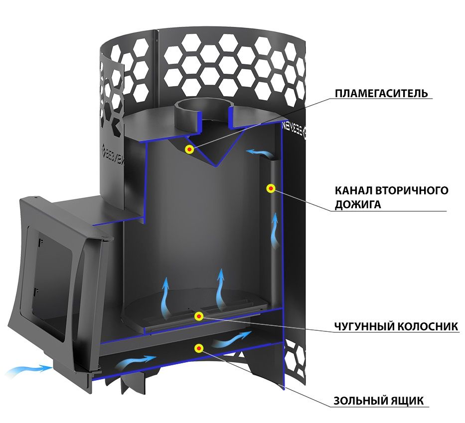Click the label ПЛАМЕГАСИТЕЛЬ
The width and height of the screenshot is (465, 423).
point(381,93)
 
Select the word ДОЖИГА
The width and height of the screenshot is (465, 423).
point(358,205)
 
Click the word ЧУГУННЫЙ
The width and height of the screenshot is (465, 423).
point(364,326)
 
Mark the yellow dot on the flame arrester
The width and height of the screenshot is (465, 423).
point(189,149)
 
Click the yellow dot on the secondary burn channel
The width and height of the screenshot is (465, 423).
point(271,188)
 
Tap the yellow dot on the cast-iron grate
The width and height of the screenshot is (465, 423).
point(198,316)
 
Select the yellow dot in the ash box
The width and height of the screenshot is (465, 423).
point(198,348)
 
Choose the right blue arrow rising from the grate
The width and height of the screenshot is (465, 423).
point(220,288)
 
